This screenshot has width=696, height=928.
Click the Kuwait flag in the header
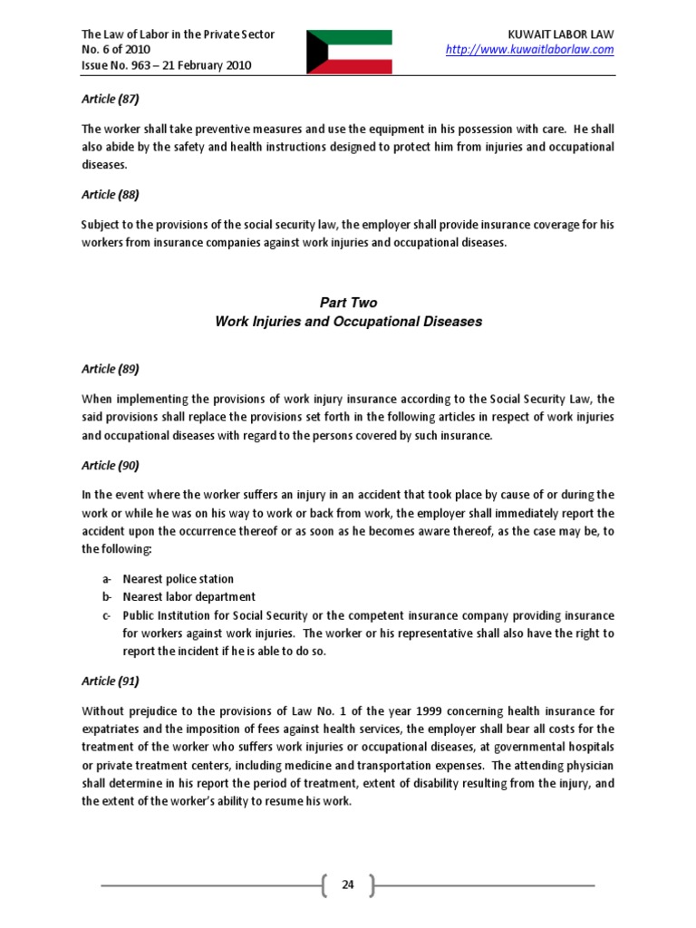(x=349, y=52)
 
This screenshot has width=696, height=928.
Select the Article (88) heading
(x=111, y=194)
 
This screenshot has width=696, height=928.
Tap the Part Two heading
(x=347, y=303)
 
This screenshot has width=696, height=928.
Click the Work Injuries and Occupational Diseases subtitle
(x=347, y=321)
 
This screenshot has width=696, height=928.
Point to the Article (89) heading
(x=111, y=369)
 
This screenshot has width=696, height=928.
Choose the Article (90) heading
(x=111, y=465)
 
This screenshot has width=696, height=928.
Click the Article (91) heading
(x=111, y=681)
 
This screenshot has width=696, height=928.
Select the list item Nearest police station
(x=178, y=579)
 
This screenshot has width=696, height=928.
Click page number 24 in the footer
(x=347, y=884)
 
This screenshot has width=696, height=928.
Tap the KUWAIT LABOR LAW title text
(x=563, y=34)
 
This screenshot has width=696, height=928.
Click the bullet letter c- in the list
(x=107, y=615)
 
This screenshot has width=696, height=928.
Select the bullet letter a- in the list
(x=107, y=579)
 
